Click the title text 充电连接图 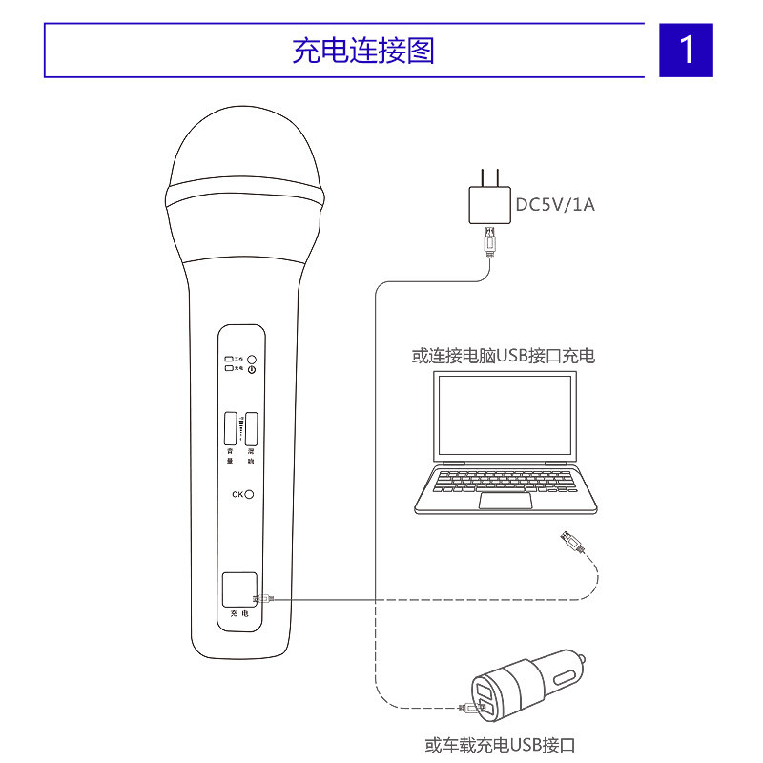tap(362, 50)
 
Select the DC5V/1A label tap(555, 204)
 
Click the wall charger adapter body tap(489, 204)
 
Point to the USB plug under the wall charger tap(490, 242)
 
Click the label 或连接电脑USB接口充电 tap(503, 356)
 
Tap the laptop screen tap(505, 414)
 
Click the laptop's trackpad tap(505, 502)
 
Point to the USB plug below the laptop tap(570, 544)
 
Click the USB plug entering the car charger tap(467, 709)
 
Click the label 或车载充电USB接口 tap(501, 745)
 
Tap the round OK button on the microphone tap(250, 493)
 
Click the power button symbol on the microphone tap(252, 369)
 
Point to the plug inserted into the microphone tap(264, 599)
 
